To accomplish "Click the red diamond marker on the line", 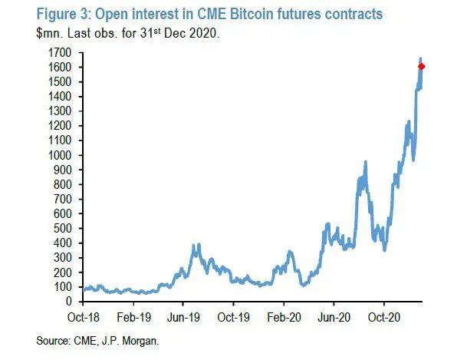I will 422,66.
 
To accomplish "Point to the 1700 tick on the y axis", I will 62,52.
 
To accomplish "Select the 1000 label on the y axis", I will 62,155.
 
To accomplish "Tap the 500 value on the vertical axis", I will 64,228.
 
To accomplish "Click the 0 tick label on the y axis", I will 70,302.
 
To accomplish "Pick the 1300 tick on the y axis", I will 62,111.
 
